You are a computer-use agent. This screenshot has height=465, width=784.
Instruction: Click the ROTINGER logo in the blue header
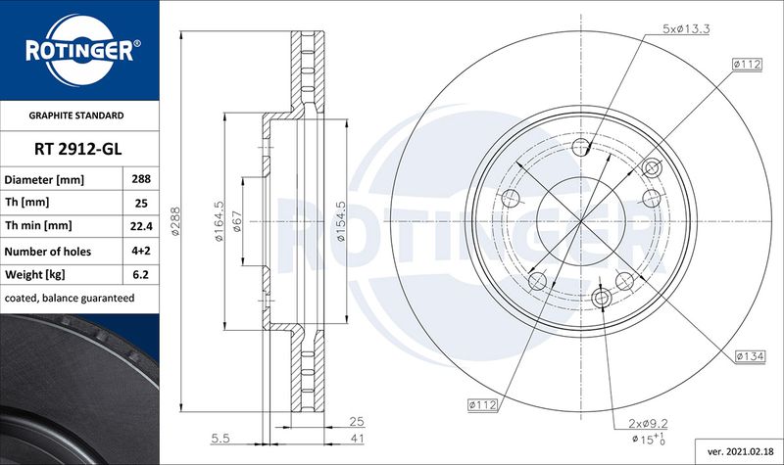tap(80, 50)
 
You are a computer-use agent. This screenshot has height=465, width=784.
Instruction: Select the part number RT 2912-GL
tap(78, 149)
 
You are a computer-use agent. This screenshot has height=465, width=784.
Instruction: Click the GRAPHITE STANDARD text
tap(76, 116)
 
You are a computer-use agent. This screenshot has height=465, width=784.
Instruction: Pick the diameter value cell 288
tap(141, 179)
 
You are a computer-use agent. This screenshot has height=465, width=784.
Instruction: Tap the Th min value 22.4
tap(141, 226)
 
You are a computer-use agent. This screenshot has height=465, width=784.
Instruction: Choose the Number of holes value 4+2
tap(141, 251)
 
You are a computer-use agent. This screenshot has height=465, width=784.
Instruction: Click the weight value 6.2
tap(141, 274)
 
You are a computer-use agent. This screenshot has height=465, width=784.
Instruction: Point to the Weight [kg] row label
tap(35, 275)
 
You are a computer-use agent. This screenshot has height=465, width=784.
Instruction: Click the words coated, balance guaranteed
tap(70, 299)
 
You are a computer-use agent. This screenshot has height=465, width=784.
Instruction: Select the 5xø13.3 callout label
tap(686, 28)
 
